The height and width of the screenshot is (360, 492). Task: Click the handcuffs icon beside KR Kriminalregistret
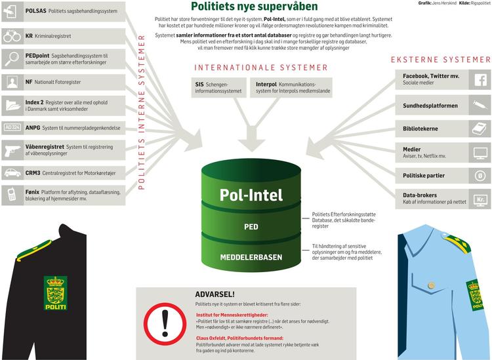click(x=12, y=36)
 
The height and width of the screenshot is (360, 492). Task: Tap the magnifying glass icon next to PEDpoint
click(x=12, y=58)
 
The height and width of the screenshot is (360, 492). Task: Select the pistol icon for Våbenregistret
click(x=12, y=151)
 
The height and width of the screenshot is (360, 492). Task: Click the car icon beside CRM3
click(x=12, y=173)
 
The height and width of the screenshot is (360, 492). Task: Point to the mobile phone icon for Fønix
click(x=12, y=194)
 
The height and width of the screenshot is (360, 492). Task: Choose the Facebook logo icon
click(x=480, y=79)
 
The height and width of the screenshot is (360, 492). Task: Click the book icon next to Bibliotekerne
click(x=480, y=129)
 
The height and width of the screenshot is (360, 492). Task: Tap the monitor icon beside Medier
click(x=480, y=153)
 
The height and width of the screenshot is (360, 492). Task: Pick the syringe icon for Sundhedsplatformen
click(x=480, y=105)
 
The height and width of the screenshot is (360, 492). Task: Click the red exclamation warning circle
click(x=165, y=324)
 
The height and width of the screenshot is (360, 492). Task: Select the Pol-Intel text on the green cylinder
click(x=251, y=195)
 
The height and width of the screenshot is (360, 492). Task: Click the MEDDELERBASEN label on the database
click(x=251, y=258)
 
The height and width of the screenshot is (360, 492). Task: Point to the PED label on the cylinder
click(x=251, y=227)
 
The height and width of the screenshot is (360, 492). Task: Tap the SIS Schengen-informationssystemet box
click(x=218, y=87)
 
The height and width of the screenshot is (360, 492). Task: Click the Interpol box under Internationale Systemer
click(x=291, y=87)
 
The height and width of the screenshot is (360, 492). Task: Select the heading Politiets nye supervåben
click(x=254, y=6)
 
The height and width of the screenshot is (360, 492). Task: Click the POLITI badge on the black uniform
click(x=56, y=293)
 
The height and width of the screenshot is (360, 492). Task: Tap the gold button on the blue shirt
click(x=432, y=285)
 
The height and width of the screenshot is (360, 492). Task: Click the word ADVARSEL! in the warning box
click(x=215, y=294)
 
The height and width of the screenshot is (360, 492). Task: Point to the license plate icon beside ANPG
click(x=12, y=128)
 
